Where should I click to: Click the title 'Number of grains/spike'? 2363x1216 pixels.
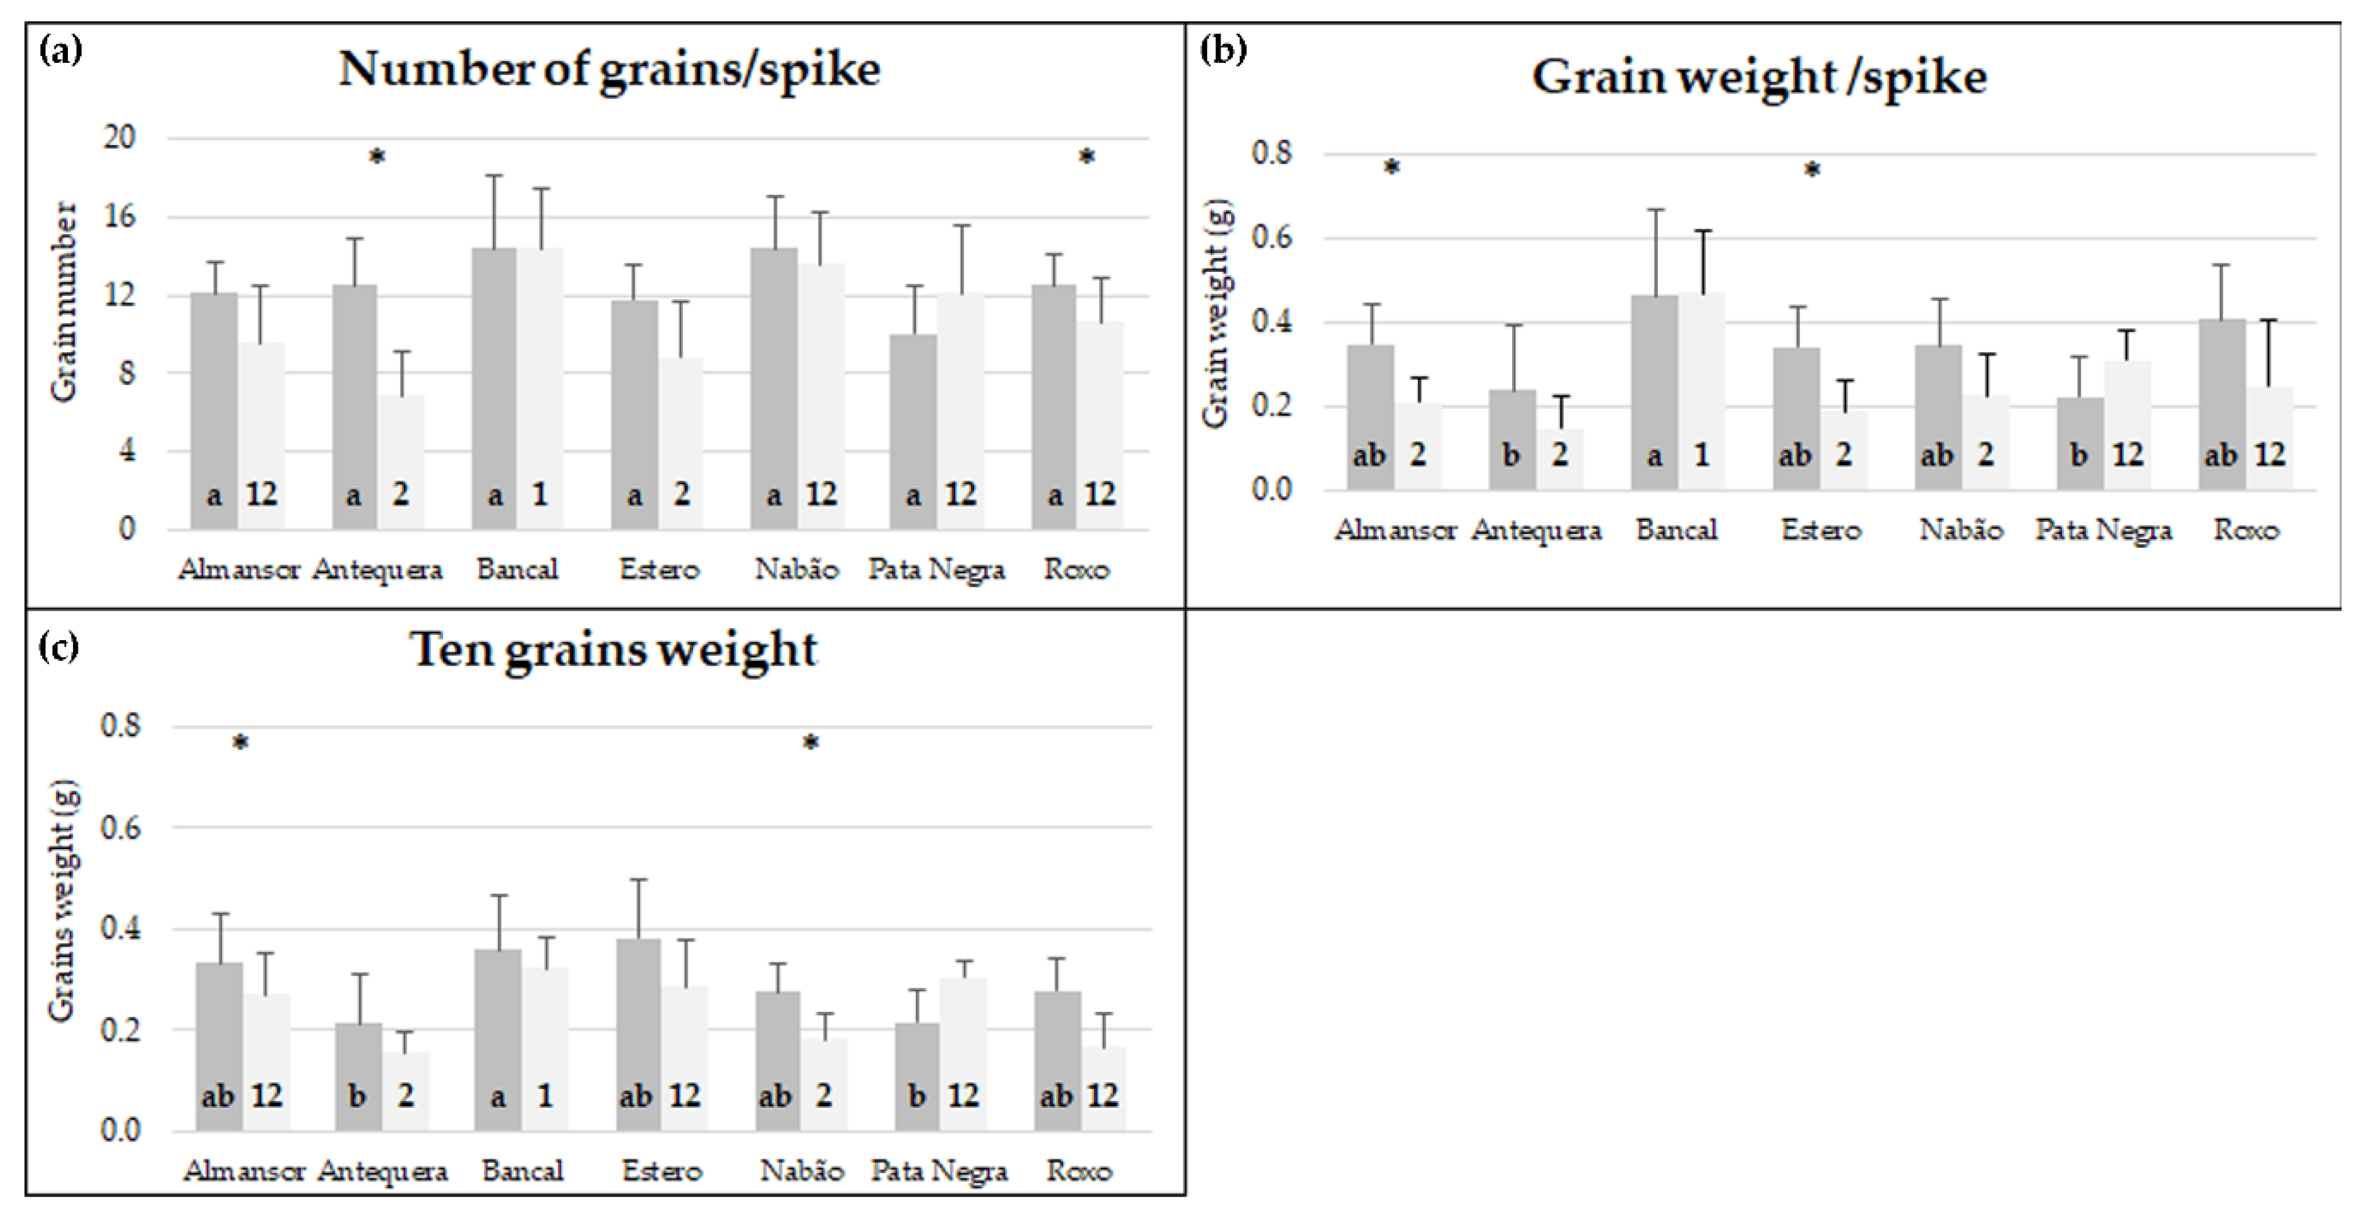[x=609, y=70]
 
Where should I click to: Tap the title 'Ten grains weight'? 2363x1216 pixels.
[x=613, y=650]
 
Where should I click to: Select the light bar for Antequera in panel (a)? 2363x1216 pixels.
[x=401, y=459]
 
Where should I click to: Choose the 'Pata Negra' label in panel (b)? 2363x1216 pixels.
[x=2103, y=530]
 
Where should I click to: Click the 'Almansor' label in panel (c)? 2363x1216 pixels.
[x=243, y=1171]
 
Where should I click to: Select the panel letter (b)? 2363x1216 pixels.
[x=1223, y=48]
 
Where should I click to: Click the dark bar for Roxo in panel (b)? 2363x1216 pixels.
[x=2222, y=403]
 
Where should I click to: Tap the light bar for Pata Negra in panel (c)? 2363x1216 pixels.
[x=963, y=1055]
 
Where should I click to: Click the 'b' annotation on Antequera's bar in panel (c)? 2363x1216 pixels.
[x=358, y=1095]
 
